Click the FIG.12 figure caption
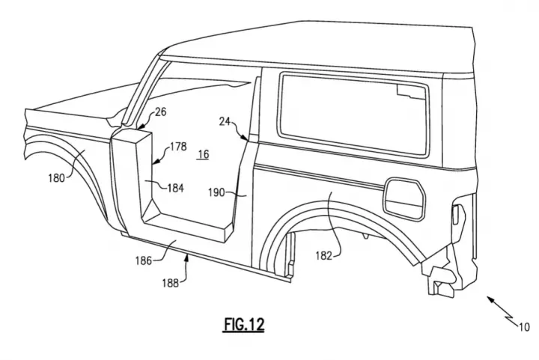(244, 324)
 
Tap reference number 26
(160, 112)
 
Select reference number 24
(225, 121)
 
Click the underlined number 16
(204, 154)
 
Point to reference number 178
(178, 147)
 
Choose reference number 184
(176, 188)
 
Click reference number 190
(216, 192)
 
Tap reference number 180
(56, 178)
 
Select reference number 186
(144, 261)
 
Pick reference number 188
(171, 283)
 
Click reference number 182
(324, 255)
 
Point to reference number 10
(524, 327)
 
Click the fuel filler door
(404, 199)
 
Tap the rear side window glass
(355, 115)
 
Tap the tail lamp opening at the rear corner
(458, 215)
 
